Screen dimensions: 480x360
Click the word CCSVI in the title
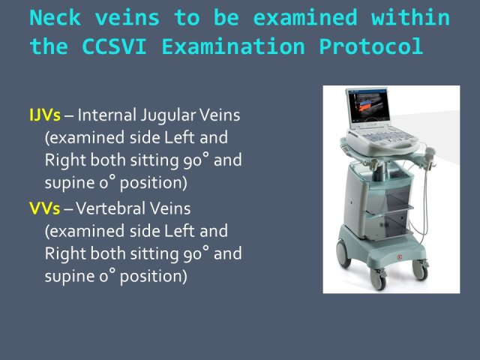(115, 46)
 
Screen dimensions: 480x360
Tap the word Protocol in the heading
(371, 47)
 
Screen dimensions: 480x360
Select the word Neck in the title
(55, 17)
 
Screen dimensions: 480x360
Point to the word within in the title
(410, 17)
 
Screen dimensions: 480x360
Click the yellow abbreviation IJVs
(45, 115)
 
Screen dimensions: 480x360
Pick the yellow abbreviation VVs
(45, 208)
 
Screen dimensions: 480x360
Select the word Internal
(107, 115)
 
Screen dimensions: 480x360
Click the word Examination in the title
(233, 46)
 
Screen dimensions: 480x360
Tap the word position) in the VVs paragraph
(153, 277)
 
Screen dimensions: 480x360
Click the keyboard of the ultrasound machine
(382, 136)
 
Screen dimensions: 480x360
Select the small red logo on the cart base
(400, 257)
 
